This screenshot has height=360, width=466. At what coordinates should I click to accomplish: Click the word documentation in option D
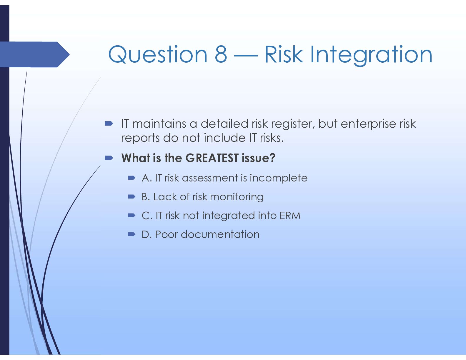click(x=220, y=235)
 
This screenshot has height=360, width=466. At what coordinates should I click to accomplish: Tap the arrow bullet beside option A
click(x=132, y=178)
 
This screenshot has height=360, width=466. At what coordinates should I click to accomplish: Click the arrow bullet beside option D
click(x=132, y=234)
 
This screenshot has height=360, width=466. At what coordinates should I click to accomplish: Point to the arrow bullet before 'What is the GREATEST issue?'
click(x=109, y=158)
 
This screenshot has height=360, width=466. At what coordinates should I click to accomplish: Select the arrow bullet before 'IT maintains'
click(x=109, y=124)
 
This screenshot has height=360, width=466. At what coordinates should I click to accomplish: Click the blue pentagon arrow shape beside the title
click(x=35, y=54)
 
